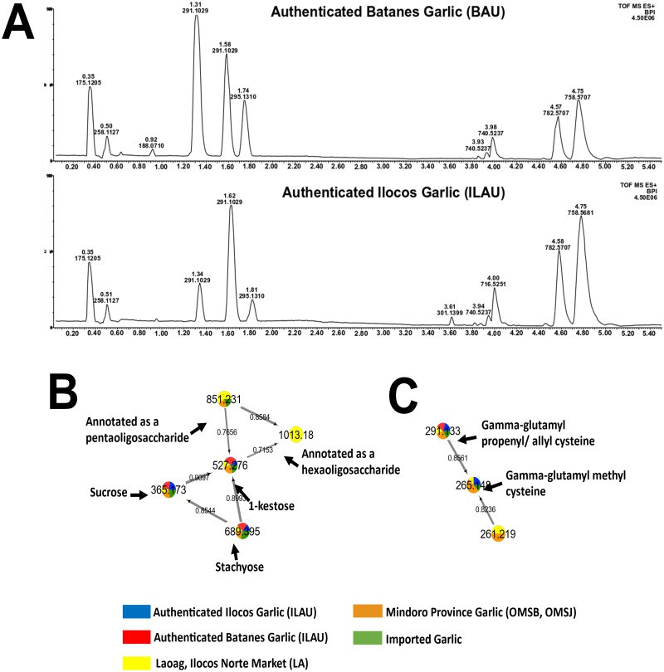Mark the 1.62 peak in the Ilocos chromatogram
pos(231,207)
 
